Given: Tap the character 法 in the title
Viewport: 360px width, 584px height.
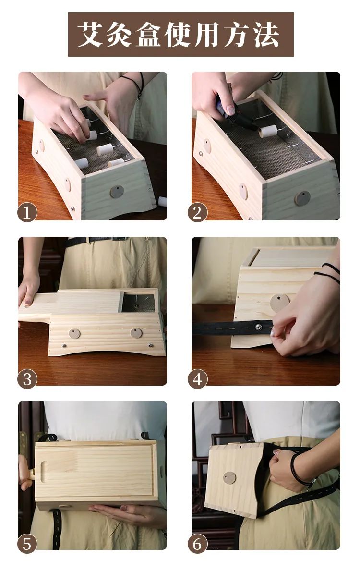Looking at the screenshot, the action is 266,35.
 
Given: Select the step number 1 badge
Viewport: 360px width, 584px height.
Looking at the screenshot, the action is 27,212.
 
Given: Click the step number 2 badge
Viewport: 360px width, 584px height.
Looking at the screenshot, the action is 197,212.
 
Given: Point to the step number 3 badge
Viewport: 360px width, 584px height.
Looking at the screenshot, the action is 27,379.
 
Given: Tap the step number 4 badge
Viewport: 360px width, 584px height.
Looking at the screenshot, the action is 197,379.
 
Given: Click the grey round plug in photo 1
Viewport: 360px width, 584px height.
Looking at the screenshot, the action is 117,192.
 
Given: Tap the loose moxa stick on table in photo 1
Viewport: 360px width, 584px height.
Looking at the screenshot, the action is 162,201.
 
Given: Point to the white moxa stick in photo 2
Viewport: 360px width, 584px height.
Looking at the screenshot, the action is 268,131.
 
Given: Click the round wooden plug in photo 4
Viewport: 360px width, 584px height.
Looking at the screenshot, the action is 280,302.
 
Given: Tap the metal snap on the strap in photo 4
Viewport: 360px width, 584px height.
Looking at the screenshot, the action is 259,326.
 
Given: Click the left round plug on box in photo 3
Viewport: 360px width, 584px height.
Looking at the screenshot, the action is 74,333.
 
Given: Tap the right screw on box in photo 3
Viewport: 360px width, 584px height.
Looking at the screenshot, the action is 150,345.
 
